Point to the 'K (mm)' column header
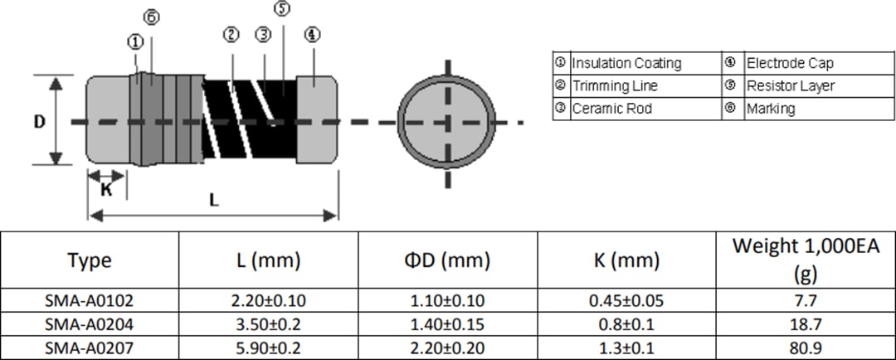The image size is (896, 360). [x=627, y=260]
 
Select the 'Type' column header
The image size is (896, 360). [x=90, y=260]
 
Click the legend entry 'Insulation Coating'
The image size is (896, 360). [x=626, y=63]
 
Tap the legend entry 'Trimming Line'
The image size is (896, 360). [x=615, y=85]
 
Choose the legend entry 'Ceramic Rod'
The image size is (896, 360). [x=612, y=108]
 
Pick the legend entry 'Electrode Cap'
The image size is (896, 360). [x=790, y=63]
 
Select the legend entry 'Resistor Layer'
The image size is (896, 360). [x=791, y=85]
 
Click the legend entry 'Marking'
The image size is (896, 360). [x=771, y=108]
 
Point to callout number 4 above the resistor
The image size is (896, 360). [x=312, y=35]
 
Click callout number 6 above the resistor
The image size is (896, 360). [x=150, y=17]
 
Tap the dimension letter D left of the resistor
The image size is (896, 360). [x=39, y=121]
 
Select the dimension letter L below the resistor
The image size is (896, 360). [x=213, y=200]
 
